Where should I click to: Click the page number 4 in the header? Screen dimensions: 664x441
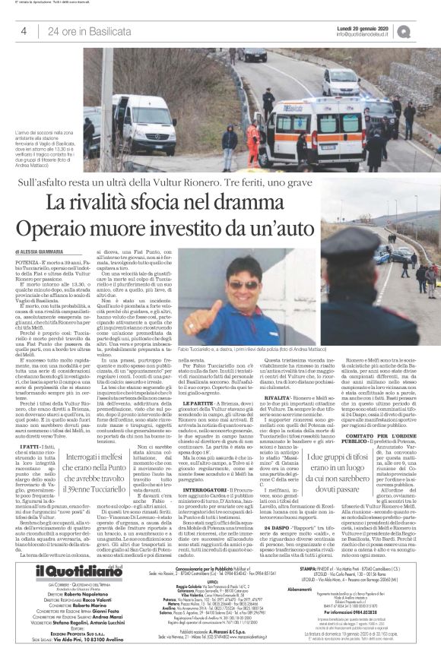coord(24,30)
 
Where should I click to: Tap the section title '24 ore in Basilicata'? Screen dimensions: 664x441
coord(81,30)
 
